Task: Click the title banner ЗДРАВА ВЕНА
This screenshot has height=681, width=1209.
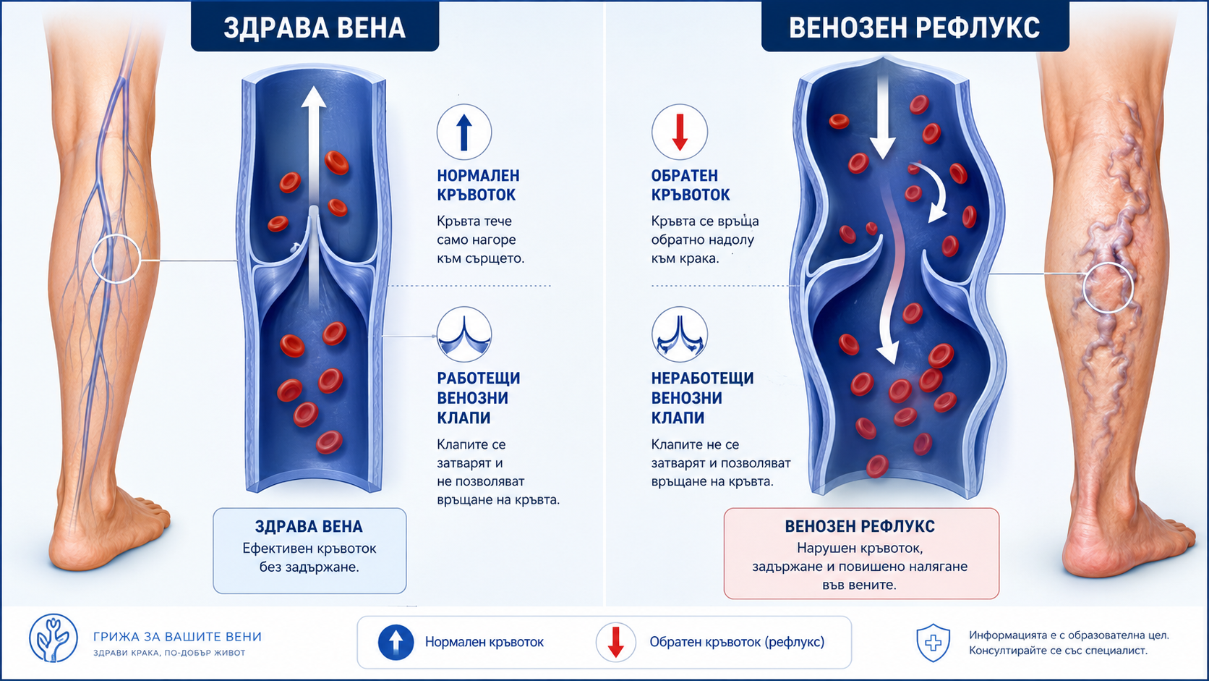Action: coord(315,27)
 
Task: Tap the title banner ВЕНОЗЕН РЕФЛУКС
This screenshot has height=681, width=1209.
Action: coord(915,27)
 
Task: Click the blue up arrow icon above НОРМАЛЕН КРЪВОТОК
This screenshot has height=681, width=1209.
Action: coord(464,132)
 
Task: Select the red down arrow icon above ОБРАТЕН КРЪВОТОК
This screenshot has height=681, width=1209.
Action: coord(680,132)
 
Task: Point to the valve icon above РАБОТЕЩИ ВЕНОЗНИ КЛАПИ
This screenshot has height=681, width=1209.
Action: coord(464,334)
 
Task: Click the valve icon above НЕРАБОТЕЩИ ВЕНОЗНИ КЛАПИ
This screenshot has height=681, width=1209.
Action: coord(680,334)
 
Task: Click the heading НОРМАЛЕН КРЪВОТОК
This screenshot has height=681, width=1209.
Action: coord(478,185)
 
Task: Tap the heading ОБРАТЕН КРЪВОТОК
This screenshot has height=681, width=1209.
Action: coord(691,185)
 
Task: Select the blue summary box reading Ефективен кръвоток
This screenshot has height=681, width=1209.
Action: coord(309,551)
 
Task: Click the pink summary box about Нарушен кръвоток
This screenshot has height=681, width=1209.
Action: coord(861,554)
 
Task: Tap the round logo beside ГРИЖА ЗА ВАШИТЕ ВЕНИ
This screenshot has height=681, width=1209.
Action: coord(54,638)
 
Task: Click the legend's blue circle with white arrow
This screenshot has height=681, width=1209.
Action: coord(396,642)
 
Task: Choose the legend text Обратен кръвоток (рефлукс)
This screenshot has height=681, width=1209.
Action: coord(737,642)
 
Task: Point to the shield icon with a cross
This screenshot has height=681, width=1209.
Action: coord(934,643)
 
